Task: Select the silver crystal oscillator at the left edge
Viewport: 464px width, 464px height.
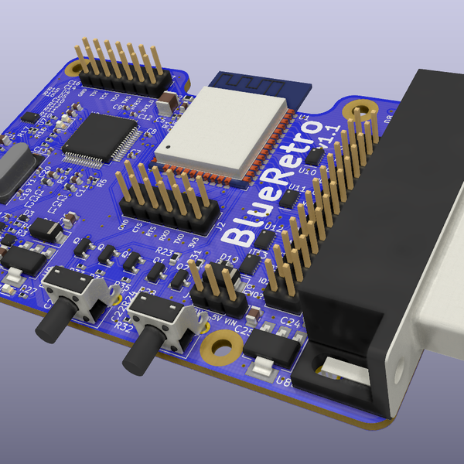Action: [x=12, y=174]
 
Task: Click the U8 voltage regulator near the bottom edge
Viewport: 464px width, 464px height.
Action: [x=270, y=352]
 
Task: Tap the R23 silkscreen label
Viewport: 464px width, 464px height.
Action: [x=165, y=252]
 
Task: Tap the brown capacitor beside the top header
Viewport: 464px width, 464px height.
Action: [x=169, y=101]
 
